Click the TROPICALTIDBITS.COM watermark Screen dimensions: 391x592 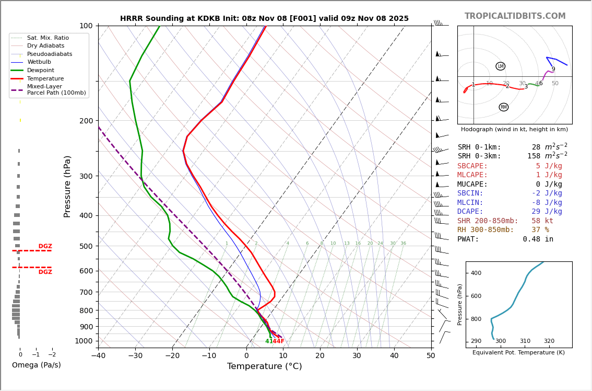click(515, 16)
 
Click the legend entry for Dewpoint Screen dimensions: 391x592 click(40, 71)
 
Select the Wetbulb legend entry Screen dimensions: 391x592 click(39, 62)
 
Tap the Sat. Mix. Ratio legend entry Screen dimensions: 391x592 click(48, 38)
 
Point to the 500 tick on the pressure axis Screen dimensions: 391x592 click(86, 246)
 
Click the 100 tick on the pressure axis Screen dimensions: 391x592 click(86, 26)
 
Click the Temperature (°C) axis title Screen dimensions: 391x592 click(264, 366)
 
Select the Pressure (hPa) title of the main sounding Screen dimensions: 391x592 click(67, 186)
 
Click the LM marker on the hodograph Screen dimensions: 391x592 click(501, 66)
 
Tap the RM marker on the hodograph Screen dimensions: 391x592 click(503, 107)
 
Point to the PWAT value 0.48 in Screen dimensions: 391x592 click(538, 239)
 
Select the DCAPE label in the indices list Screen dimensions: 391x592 click(470, 212)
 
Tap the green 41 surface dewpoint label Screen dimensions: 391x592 click(268, 341)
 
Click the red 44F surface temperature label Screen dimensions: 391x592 click(279, 341)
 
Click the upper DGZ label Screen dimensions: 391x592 click(45, 246)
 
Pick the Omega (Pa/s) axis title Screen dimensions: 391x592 click(37, 365)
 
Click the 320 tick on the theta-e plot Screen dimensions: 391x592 click(549, 341)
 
